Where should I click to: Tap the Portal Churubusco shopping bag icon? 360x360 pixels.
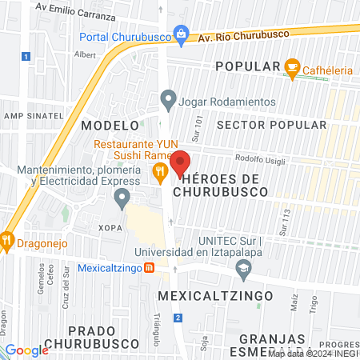[182, 34]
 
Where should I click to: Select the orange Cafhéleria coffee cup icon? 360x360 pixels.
[293, 66]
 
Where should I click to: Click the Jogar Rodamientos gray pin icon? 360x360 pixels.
[168, 101]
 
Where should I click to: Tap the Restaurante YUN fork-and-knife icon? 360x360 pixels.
[160, 170]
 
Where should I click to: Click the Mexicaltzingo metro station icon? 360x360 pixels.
[149, 269]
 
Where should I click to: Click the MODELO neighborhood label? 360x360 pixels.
[110, 126]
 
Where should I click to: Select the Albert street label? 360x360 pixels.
[84, 55]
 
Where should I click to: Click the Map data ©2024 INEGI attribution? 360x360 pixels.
[313, 353]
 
